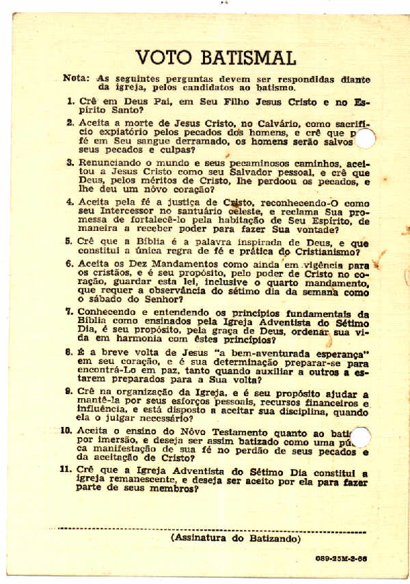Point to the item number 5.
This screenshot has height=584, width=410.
70,242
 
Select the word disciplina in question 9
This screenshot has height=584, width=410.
301,412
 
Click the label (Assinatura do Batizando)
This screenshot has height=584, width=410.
236,539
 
